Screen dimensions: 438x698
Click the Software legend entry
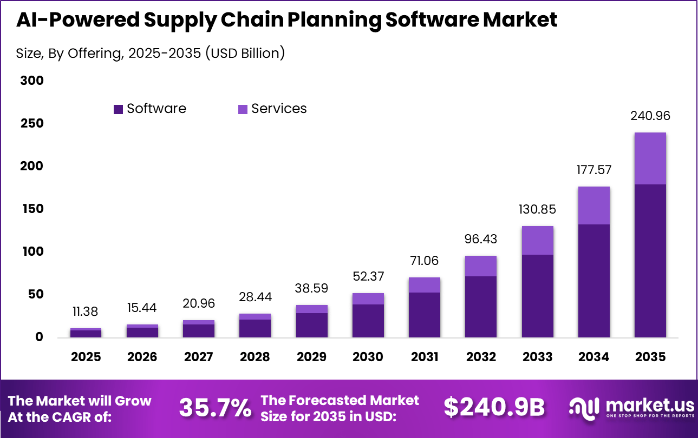point(150,109)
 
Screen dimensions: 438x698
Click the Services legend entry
point(272,109)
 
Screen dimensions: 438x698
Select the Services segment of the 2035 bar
point(650,158)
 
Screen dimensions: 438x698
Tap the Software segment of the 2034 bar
point(593,281)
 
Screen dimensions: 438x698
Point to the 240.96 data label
point(650,116)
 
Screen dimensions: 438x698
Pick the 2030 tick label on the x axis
point(368,357)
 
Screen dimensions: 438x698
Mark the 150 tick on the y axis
point(32,209)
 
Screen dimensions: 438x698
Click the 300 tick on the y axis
point(32,81)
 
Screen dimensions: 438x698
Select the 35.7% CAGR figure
point(215,408)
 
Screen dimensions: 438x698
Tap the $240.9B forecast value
point(494,408)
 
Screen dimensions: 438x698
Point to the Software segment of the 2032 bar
point(481,307)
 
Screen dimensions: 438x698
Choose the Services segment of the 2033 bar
point(537,240)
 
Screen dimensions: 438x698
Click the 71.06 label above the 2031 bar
point(425,261)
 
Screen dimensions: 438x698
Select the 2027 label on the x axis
point(198,357)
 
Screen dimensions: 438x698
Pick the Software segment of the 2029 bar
point(311,325)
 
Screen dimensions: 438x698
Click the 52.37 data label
point(368,277)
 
